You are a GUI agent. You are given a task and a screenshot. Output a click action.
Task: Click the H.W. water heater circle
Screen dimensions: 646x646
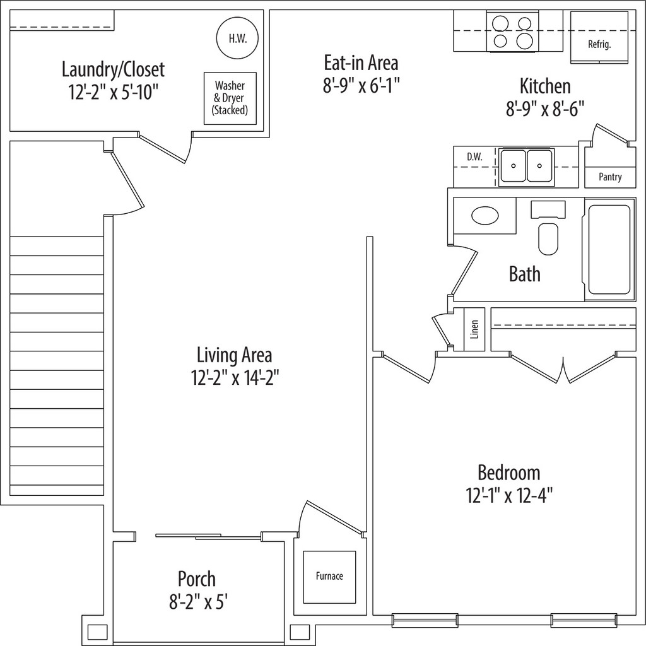[x=237, y=38]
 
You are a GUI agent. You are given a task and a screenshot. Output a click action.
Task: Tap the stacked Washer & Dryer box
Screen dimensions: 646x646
[x=230, y=98]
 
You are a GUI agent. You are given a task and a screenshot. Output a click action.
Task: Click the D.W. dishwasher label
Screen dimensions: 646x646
[x=474, y=157]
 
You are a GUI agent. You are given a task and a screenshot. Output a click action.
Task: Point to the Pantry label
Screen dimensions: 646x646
[x=610, y=177]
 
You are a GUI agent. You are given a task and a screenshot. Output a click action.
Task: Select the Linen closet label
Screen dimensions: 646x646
[x=474, y=329]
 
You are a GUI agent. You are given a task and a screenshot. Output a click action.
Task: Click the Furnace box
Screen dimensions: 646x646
[x=329, y=577]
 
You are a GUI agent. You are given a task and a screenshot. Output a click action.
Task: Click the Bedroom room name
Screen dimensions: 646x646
[x=508, y=473]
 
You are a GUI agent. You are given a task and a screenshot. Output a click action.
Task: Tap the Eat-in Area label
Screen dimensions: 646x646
[x=361, y=63]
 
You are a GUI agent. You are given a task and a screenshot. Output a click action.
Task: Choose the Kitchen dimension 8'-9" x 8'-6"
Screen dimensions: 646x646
[x=545, y=109]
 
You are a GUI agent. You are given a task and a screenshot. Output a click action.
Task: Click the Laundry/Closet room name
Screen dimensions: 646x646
[x=113, y=69]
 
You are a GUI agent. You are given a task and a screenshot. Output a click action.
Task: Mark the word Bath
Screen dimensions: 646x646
[x=524, y=274]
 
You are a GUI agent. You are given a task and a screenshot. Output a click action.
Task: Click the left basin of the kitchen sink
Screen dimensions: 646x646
[x=514, y=166]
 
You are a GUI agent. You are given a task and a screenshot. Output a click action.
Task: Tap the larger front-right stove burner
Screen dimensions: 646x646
[x=524, y=41]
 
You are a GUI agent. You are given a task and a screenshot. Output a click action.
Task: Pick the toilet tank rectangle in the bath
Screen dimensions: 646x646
[x=548, y=209]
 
